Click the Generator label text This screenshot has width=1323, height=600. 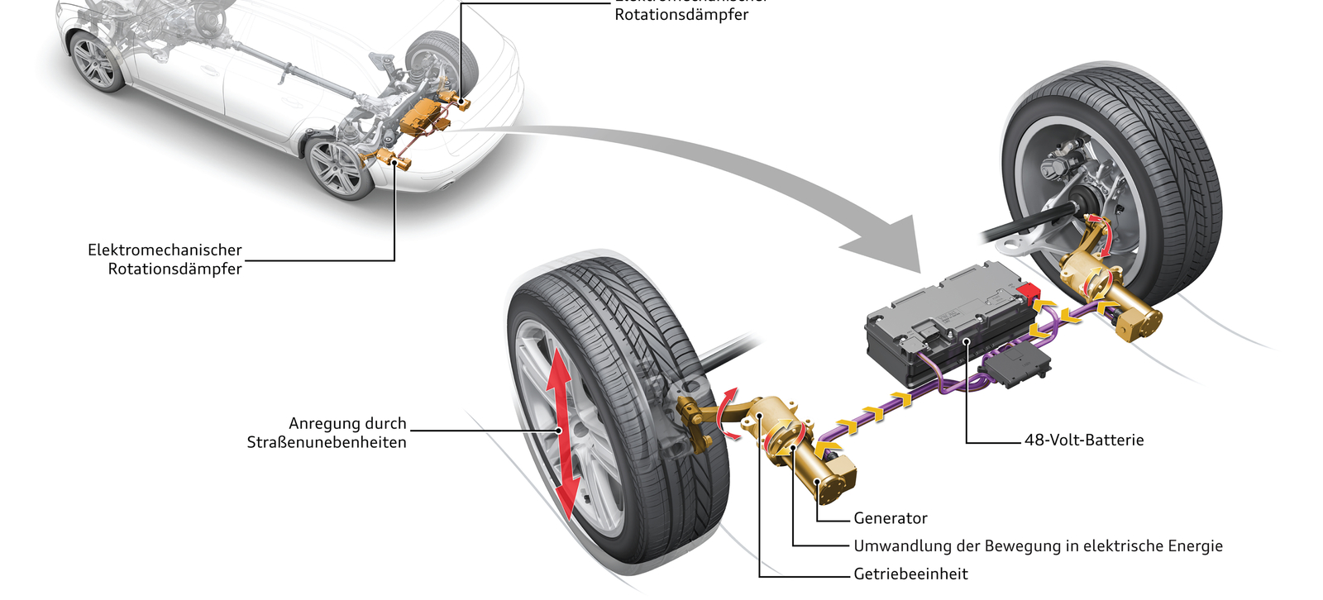(x=890, y=518)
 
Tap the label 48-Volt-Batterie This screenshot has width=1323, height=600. (x=1084, y=440)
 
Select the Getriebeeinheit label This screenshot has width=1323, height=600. (x=910, y=574)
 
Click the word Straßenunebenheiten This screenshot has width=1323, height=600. (x=327, y=443)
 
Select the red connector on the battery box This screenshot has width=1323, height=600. (x=1029, y=292)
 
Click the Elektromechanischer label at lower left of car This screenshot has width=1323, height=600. (x=165, y=250)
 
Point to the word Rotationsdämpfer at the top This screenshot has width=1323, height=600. (x=681, y=15)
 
